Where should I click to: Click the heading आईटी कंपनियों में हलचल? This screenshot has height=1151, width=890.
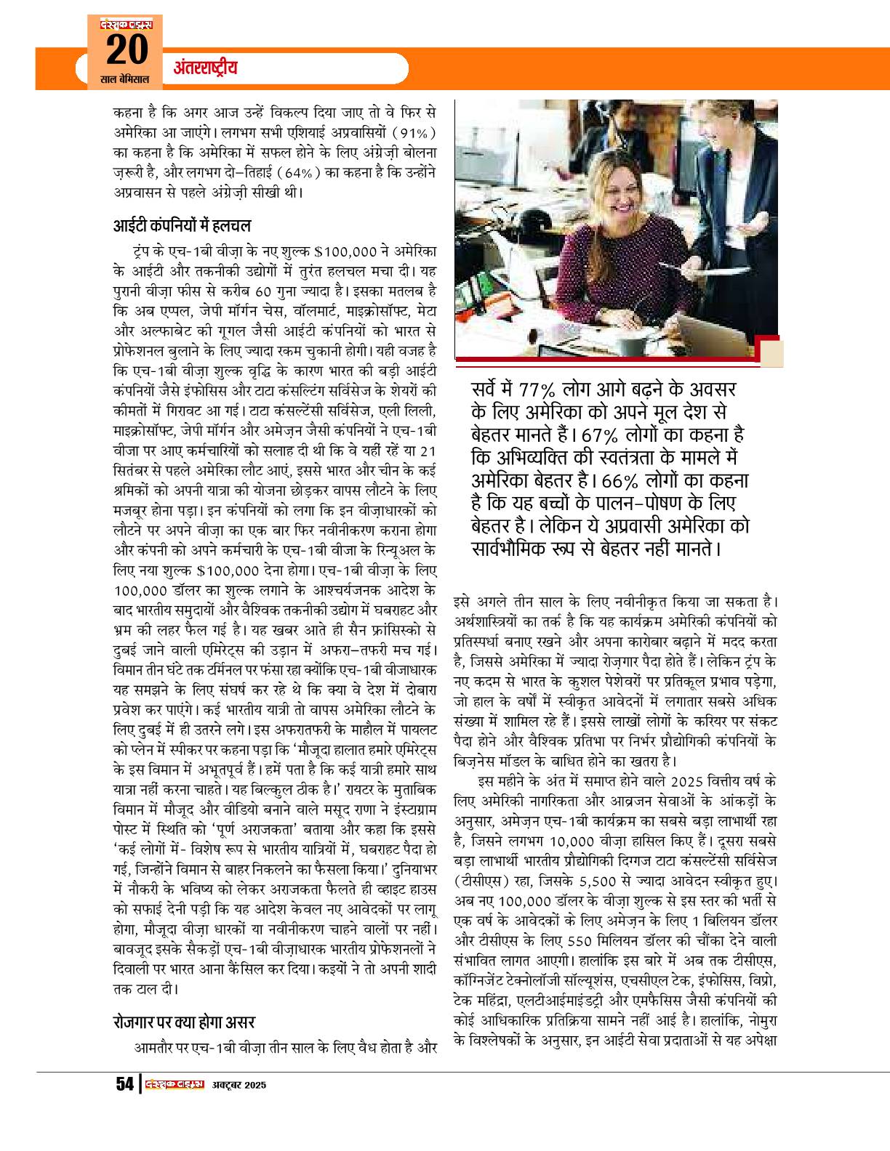click(182, 225)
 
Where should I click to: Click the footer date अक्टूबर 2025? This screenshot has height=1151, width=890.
click(240, 1086)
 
